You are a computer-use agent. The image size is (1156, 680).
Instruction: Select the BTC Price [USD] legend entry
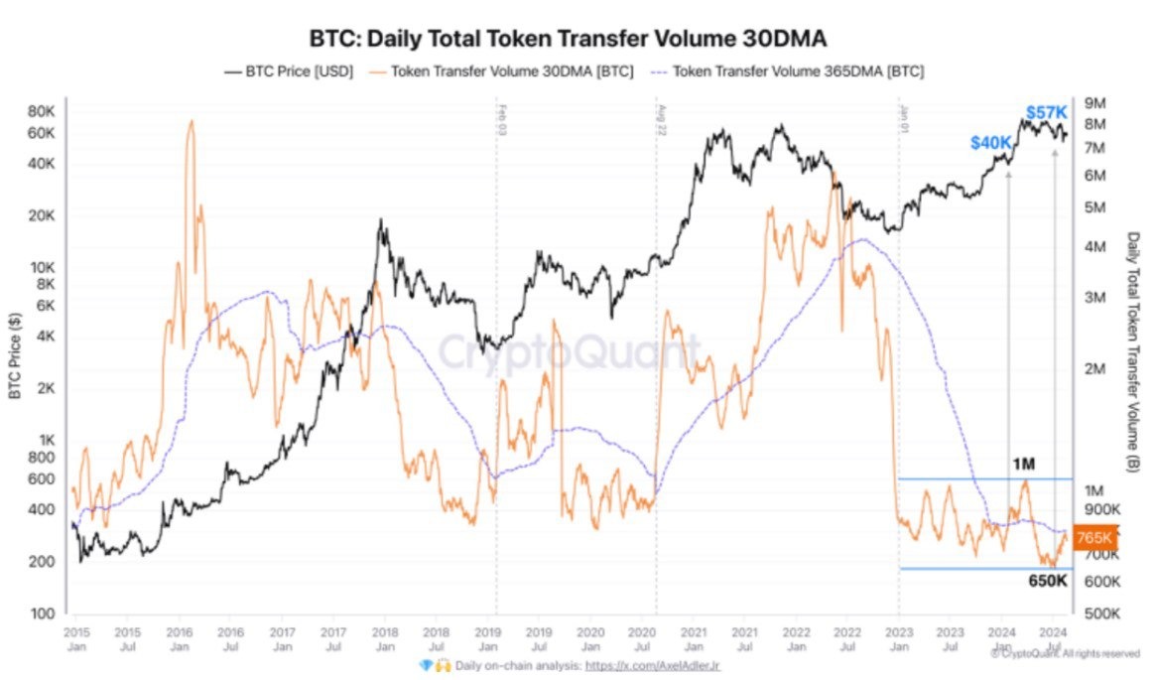tap(289, 71)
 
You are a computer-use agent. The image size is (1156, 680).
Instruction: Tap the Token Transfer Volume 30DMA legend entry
tap(502, 71)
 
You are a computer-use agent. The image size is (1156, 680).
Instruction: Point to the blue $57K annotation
tap(1046, 113)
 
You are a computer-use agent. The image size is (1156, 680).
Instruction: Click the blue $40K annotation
tap(991, 144)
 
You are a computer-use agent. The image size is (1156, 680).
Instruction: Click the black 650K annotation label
tap(1047, 581)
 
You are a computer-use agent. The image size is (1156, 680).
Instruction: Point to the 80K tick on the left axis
tap(41, 110)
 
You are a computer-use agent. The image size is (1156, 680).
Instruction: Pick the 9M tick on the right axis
tap(1096, 104)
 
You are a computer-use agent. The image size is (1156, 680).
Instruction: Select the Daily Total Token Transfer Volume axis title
tap(1133, 352)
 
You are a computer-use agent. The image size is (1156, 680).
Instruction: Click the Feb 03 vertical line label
tap(503, 117)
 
